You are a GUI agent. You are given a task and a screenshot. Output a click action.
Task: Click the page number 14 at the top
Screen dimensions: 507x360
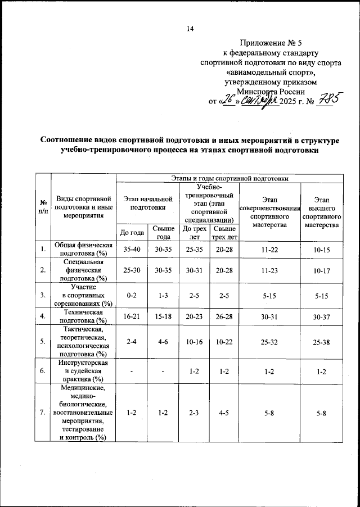point(190,29)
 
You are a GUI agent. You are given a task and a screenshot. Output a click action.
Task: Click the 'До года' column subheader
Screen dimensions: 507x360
point(132,233)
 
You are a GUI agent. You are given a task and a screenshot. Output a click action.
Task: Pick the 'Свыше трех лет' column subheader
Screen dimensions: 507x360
point(224,233)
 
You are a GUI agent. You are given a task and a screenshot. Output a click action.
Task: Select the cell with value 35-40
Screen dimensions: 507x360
point(132,249)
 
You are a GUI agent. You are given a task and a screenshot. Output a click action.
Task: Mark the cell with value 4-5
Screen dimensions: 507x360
point(224,413)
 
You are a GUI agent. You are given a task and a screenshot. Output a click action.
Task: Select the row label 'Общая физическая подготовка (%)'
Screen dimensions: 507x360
point(84,249)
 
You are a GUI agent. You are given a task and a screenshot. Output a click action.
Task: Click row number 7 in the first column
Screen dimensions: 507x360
point(43,413)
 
